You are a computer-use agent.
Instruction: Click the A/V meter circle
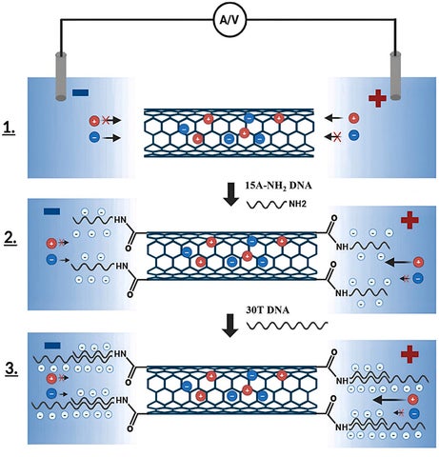pyautogui.click(x=230, y=20)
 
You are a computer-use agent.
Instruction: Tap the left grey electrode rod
pyautogui.click(x=61, y=76)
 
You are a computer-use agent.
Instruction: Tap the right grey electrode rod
pyautogui.click(x=395, y=75)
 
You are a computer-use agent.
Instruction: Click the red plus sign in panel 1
pyautogui.click(x=377, y=98)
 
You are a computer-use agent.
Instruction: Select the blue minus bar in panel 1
pyautogui.click(x=80, y=92)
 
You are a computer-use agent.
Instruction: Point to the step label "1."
pyautogui.click(x=9, y=129)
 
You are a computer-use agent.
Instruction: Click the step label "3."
pyautogui.click(x=11, y=369)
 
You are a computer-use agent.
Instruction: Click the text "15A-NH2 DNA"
pyautogui.click(x=278, y=187)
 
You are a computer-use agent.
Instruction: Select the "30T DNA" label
pyautogui.click(x=268, y=309)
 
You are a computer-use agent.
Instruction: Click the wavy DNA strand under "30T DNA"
pyautogui.click(x=288, y=325)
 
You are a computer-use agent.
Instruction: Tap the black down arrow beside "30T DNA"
pyautogui.click(x=230, y=326)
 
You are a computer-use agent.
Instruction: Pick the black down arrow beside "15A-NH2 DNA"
pyautogui.click(x=231, y=194)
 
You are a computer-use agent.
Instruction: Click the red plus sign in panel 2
pyautogui.click(x=409, y=220)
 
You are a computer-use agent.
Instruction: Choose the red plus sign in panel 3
pyautogui.click(x=409, y=354)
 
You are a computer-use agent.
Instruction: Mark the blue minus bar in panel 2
pyautogui.click(x=51, y=211)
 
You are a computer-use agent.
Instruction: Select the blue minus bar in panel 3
pyautogui.click(x=52, y=346)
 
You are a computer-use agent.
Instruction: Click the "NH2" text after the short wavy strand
pyautogui.click(x=297, y=204)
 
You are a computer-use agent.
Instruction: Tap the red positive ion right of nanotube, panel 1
pyautogui.click(x=353, y=118)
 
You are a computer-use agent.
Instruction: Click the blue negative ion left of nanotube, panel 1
pyautogui.click(x=94, y=137)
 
